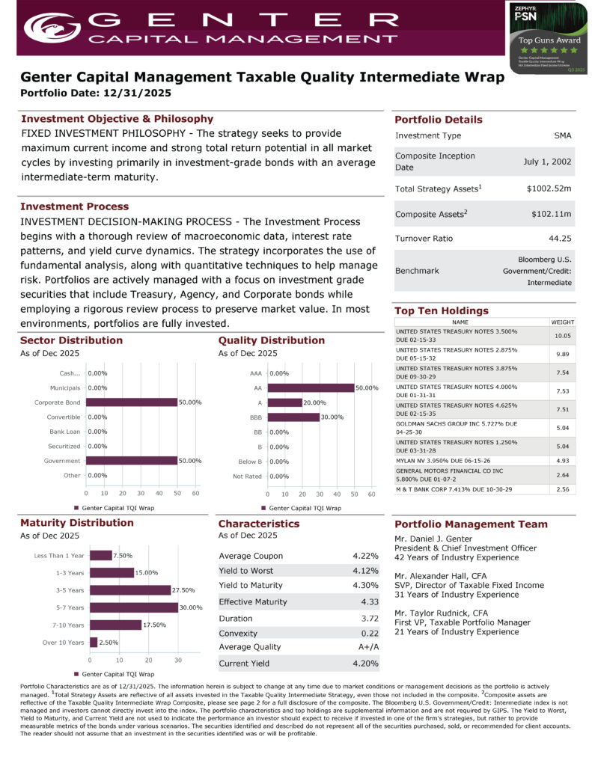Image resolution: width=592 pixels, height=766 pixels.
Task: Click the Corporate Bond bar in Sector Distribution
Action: [132, 402]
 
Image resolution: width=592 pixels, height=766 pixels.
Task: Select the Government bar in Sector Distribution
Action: [132, 461]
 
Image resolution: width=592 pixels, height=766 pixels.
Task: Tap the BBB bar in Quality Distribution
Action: [294, 417]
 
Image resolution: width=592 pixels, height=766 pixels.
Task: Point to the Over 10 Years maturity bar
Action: [94, 642]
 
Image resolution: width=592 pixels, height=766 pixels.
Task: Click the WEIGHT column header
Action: [562, 322]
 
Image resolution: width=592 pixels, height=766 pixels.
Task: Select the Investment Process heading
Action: [74, 206]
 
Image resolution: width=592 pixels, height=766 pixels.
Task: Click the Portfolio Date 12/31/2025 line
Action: [96, 94]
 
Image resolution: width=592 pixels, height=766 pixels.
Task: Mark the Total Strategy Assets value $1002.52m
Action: [549, 189]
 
